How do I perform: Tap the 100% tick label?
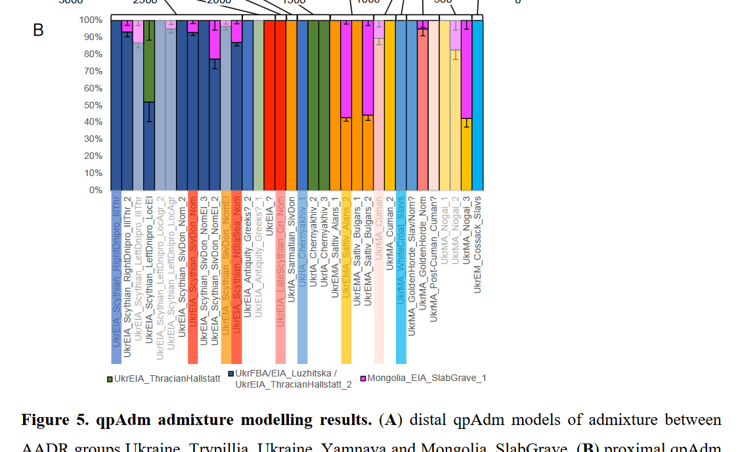tap(91, 20)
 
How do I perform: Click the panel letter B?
tap(38, 30)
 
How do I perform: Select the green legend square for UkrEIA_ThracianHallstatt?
tap(110, 378)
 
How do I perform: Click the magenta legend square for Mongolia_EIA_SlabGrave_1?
tap(362, 378)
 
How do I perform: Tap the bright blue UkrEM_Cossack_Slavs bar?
tap(477, 105)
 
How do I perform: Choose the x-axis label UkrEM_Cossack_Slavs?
tap(477, 244)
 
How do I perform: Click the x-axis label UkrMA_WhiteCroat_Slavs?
tap(401, 250)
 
